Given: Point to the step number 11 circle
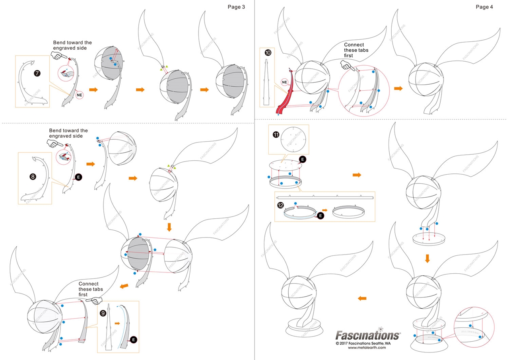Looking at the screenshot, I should (x=276, y=135).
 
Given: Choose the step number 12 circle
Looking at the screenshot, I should (x=281, y=205).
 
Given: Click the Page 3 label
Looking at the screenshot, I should (x=236, y=7).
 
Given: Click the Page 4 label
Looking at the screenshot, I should (x=484, y=7).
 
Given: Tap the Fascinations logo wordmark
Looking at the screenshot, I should (x=368, y=335).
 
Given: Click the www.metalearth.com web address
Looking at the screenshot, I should (x=367, y=347).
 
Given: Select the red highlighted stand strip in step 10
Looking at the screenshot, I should (x=287, y=95).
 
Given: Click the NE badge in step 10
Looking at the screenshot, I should (x=284, y=82).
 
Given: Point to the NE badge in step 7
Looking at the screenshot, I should (x=80, y=95).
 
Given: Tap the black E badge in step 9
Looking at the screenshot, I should (x=134, y=339).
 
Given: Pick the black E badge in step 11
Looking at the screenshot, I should (x=303, y=159).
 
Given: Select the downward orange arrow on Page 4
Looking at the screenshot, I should (x=427, y=259).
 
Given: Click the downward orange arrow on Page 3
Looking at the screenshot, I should (x=169, y=227).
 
